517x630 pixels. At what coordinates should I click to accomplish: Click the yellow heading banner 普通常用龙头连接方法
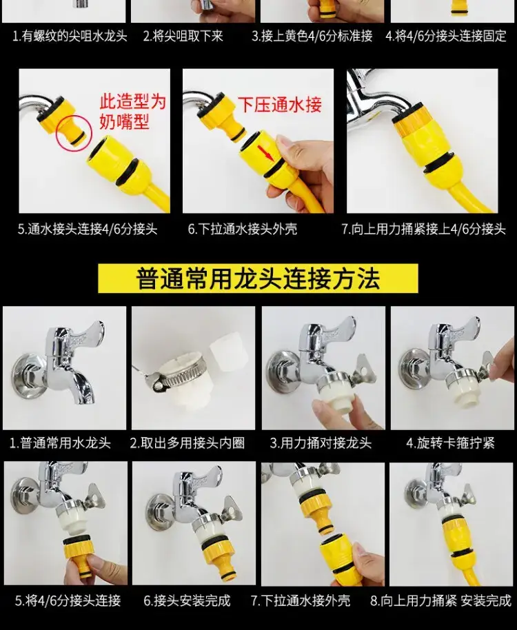258,278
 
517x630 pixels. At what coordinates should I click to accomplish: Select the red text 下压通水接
280,105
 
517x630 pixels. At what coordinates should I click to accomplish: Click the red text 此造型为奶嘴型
132,110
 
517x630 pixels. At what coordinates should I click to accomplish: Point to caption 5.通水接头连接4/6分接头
87,229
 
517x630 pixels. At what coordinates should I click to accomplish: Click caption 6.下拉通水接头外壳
243,229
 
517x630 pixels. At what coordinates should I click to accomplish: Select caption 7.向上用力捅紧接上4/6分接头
423,229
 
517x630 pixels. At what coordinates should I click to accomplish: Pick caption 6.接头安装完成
187,600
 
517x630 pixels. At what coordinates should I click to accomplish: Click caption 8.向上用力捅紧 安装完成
440,600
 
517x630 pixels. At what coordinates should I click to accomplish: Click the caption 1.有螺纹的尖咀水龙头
70,36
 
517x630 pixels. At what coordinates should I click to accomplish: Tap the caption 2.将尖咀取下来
183,36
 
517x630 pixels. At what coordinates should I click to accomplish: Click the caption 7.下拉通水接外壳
301,600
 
